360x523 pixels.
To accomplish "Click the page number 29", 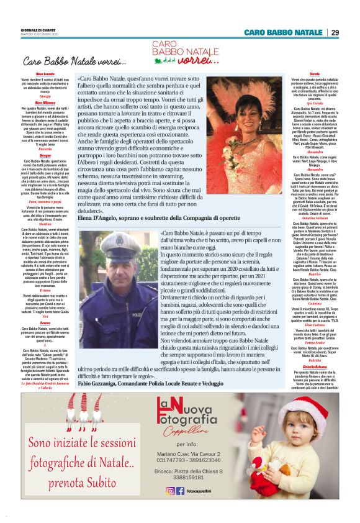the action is click(335, 32).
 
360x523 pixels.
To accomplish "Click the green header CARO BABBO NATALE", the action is click(282, 32).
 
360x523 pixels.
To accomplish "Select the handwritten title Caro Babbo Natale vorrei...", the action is click(74, 61).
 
